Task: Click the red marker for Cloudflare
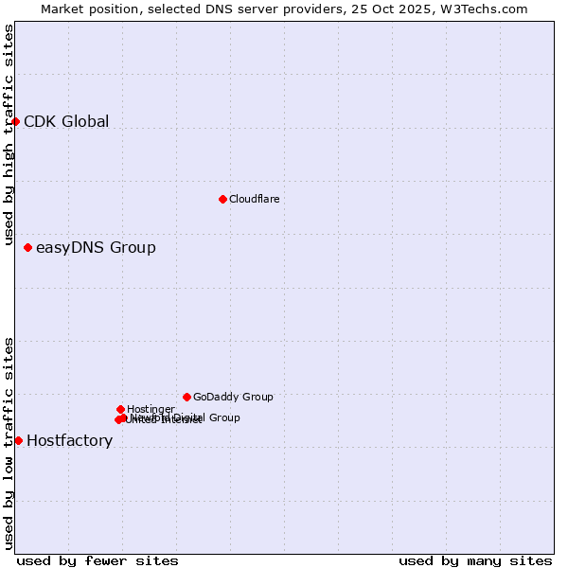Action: click(x=222, y=199)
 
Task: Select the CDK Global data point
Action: click(x=15, y=121)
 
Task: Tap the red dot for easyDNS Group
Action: click(x=27, y=247)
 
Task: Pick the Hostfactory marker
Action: click(x=18, y=440)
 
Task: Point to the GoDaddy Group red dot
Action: click(x=186, y=397)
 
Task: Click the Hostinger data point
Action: click(x=120, y=409)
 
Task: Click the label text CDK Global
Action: click(x=66, y=121)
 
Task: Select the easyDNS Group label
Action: click(x=96, y=248)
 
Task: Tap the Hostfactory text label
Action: click(x=69, y=441)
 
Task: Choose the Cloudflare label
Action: click(x=254, y=199)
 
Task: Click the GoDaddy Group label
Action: click(x=233, y=397)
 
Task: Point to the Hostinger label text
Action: click(x=151, y=409)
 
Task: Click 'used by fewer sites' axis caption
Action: click(x=98, y=560)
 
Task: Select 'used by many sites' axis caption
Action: click(x=475, y=560)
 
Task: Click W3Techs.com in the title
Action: click(x=493, y=9)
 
